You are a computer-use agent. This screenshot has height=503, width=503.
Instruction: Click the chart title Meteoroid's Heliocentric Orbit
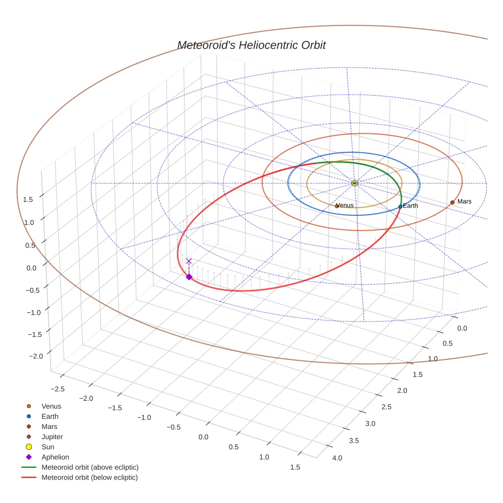pyautogui.click(x=251, y=45)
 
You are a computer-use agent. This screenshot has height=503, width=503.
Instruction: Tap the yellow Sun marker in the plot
pyautogui.click(x=355, y=183)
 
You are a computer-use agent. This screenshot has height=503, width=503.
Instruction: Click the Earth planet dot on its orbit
pyautogui.click(x=400, y=207)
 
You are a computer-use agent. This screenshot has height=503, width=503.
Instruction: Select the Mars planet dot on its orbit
pyautogui.click(x=452, y=202)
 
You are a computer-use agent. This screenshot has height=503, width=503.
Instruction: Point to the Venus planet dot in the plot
pyautogui.click(x=336, y=206)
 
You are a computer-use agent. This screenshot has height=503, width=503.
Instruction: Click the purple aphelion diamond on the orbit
pyautogui.click(x=189, y=277)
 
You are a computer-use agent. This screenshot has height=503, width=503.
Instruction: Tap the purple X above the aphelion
pyautogui.click(x=189, y=261)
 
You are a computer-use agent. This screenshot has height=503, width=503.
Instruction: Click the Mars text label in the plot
pyautogui.click(x=464, y=201)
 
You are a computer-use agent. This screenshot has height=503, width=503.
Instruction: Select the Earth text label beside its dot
pyautogui.click(x=410, y=206)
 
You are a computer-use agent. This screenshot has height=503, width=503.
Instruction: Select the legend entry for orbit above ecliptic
pyautogui.click(x=89, y=467)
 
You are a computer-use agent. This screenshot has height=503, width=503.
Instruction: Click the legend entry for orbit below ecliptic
pyautogui.click(x=89, y=477)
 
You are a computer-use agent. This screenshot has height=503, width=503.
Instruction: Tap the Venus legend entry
pyautogui.click(x=51, y=406)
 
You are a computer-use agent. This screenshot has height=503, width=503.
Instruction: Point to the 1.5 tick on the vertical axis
pyautogui.click(x=28, y=199)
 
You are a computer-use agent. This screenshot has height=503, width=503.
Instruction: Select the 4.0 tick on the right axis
pyautogui.click(x=337, y=458)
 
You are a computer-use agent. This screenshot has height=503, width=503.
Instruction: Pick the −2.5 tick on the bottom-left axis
pyautogui.click(x=58, y=389)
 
